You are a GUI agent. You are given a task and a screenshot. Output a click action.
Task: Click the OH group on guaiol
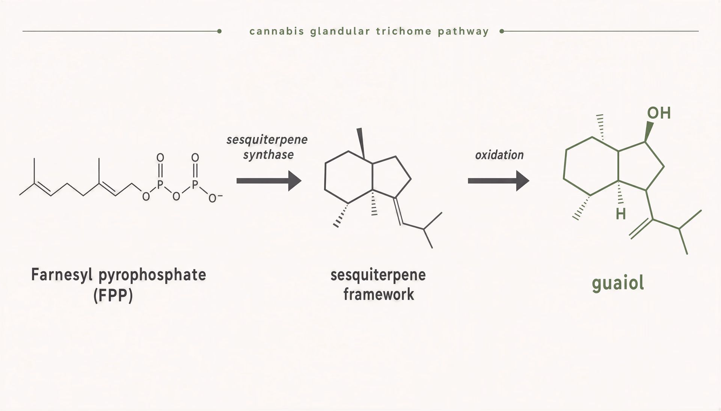[659, 113]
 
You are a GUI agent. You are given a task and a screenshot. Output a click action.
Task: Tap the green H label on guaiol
[621, 214]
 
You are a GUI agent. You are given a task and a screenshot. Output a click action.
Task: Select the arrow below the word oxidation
[498, 181]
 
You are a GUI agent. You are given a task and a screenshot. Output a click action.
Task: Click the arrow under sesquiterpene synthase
[269, 181]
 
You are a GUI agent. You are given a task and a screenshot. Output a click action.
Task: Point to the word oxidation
[499, 155]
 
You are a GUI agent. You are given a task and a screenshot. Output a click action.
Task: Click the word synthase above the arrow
[268, 155]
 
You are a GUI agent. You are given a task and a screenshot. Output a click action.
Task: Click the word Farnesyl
[62, 275]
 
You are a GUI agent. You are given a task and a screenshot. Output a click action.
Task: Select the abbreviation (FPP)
[113, 296]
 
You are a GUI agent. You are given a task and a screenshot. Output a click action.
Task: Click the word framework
[379, 295]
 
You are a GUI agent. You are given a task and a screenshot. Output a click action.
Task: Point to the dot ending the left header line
[219, 31]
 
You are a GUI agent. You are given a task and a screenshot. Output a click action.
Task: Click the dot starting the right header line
[502, 31]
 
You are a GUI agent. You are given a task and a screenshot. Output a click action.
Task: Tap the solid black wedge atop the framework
[361, 143]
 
